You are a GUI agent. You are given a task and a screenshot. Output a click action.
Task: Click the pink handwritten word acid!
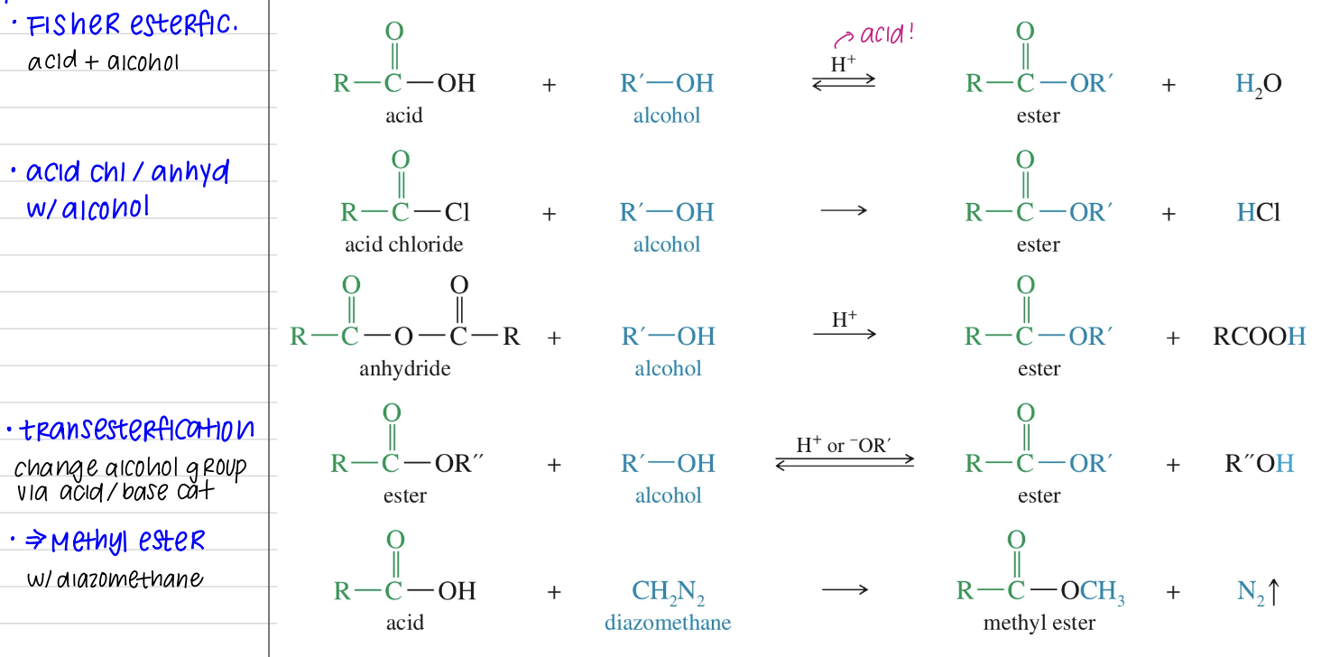click(x=886, y=35)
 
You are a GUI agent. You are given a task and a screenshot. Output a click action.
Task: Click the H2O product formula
click(x=1258, y=85)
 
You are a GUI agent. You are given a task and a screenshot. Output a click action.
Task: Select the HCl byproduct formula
click(x=1258, y=213)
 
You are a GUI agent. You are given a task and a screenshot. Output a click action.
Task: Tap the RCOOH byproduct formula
click(x=1259, y=337)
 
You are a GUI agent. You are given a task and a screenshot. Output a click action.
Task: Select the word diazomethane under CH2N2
click(x=668, y=623)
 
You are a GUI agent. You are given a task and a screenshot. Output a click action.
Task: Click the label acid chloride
click(x=404, y=245)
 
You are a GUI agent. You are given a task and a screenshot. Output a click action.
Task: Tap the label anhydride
click(x=404, y=368)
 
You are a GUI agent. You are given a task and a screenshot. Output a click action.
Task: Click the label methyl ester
click(x=1039, y=623)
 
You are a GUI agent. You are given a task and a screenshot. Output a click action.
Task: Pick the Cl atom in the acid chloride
click(x=457, y=213)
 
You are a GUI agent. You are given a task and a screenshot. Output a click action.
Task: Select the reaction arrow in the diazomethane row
click(x=845, y=591)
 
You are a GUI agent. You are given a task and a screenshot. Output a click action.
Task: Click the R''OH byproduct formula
click(x=1259, y=464)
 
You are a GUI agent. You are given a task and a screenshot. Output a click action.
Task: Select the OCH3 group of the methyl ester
click(x=1093, y=592)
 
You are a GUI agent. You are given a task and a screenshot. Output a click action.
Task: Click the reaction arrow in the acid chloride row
click(x=845, y=211)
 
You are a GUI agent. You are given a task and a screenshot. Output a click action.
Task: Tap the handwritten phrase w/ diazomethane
click(x=115, y=578)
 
